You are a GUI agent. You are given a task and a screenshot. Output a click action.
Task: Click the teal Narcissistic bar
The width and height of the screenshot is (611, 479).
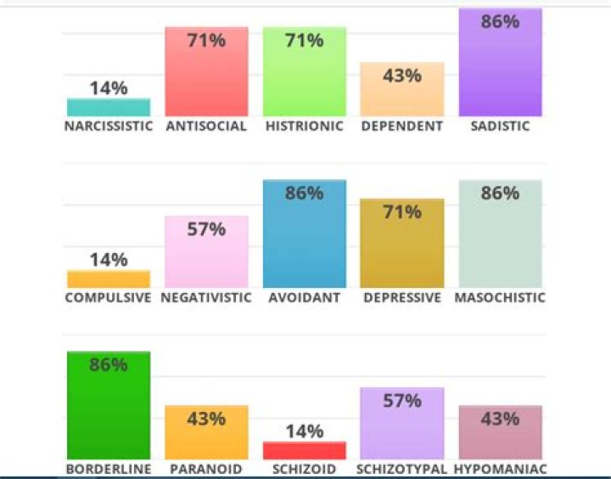tap(109, 107)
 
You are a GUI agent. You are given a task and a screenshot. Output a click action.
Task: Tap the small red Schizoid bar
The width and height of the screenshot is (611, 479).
tap(305, 450)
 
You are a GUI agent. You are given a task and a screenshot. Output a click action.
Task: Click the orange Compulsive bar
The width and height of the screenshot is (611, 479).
tap(109, 279)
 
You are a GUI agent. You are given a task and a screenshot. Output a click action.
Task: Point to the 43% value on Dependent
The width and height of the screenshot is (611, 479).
tap(402, 76)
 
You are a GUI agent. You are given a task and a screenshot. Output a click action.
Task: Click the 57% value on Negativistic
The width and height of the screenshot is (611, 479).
tap(206, 229)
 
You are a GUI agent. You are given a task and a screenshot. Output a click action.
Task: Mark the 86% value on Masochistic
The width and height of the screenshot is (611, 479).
tap(500, 193)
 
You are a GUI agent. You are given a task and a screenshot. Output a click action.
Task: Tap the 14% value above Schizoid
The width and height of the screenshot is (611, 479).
tap(305, 431)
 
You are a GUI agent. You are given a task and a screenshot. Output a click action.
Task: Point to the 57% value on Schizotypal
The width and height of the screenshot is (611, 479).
tap(402, 401)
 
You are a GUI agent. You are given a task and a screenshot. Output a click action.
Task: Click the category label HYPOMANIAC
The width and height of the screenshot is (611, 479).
tap(500, 469)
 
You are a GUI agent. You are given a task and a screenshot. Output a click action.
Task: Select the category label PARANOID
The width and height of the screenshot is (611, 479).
tap(206, 469)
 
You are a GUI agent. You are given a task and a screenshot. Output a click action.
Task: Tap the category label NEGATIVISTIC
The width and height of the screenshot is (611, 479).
tap(206, 298)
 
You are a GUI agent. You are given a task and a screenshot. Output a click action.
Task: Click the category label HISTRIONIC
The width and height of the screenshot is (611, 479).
tap(305, 127)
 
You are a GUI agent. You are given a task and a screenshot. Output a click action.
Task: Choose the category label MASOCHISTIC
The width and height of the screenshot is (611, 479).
tap(500, 298)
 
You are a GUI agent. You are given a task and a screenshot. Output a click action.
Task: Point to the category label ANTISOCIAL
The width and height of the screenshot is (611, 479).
tap(206, 127)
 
